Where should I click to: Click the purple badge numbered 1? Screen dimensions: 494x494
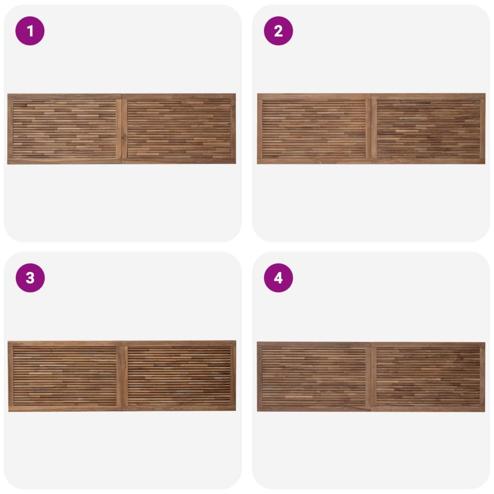pyautogui.click(x=30, y=31)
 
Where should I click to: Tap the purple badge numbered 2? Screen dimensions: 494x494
pyautogui.click(x=278, y=31)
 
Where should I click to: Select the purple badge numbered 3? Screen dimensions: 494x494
pyautogui.click(x=30, y=278)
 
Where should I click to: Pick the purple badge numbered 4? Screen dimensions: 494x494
pyautogui.click(x=278, y=278)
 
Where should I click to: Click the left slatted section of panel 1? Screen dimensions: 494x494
pyautogui.click(x=65, y=129)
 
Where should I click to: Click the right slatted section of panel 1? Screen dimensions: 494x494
pyautogui.click(x=179, y=129)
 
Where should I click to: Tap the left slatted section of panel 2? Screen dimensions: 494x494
pyautogui.click(x=314, y=129)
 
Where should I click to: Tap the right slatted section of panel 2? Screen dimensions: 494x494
pyautogui.click(x=428, y=129)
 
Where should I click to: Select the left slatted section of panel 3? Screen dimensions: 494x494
pyautogui.click(x=65, y=376)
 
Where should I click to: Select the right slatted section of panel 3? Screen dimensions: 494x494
pyautogui.click(x=179, y=376)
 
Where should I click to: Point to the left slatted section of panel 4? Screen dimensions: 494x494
pyautogui.click(x=314, y=377)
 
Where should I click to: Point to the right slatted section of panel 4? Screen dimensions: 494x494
pyautogui.click(x=428, y=377)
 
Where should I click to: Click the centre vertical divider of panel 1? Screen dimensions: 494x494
pyautogui.click(x=122, y=129)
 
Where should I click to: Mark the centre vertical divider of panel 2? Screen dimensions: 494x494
pyautogui.click(x=371, y=129)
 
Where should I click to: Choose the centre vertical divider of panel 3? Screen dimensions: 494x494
pyautogui.click(x=122, y=376)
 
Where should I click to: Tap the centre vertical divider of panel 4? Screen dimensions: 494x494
pyautogui.click(x=371, y=377)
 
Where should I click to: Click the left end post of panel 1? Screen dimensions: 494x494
pyautogui.click(x=10, y=129)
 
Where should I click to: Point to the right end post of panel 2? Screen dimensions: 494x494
pyautogui.click(x=482, y=129)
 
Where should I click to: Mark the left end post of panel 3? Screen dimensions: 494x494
pyautogui.click(x=11, y=376)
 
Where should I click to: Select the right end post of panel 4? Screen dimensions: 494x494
pyautogui.click(x=482, y=377)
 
